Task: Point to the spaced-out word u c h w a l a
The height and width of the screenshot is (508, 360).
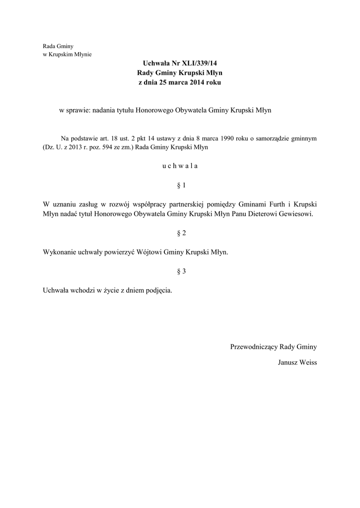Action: (180, 166)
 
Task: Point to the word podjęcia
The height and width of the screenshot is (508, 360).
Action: (158, 290)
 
